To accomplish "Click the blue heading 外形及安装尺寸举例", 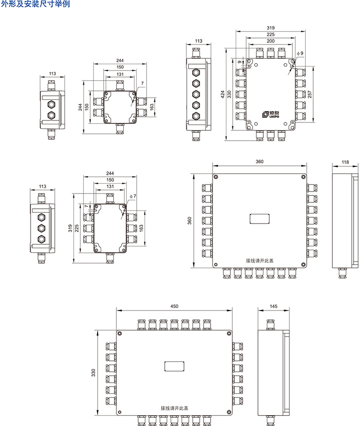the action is click(36, 4).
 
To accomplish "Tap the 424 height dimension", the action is click(222, 94).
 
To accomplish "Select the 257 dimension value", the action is click(310, 94).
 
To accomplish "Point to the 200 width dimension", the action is click(270, 41).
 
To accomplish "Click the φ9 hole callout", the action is click(300, 53).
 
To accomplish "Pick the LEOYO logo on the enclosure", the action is click(271, 115).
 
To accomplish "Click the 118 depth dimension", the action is click(345, 162).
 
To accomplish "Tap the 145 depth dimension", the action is click(273, 307).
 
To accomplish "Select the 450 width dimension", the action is click(174, 307).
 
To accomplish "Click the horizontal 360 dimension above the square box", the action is click(259, 161).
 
